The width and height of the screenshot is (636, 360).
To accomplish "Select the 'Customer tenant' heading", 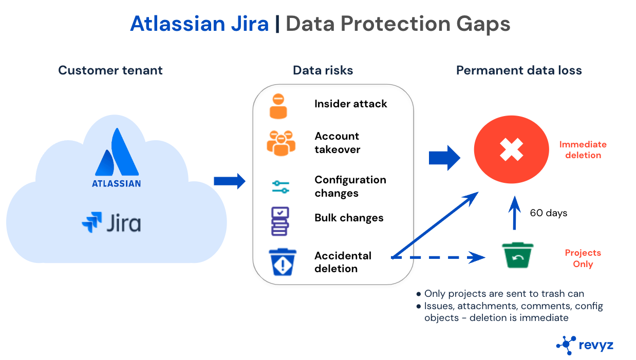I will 110,70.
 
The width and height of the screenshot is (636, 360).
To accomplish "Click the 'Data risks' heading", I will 323,70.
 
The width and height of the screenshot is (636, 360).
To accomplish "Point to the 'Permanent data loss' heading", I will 519,70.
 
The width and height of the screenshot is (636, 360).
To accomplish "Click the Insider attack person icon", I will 278,106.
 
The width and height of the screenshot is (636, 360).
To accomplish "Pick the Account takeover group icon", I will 281,143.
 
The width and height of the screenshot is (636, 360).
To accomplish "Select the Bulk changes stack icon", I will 279,221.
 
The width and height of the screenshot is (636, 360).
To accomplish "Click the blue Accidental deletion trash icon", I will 283,261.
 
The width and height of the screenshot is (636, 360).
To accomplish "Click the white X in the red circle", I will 512,149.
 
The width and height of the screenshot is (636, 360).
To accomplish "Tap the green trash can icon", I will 518,255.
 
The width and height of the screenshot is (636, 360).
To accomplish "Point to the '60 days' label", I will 549,213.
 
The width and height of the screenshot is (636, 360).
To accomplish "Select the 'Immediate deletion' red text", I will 583,150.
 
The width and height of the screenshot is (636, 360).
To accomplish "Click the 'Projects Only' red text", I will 583,258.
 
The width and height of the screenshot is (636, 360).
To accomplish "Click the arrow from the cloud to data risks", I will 230,180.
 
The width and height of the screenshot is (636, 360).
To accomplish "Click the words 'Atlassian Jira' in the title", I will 199,24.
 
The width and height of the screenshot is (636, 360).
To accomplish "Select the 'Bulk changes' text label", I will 349,218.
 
